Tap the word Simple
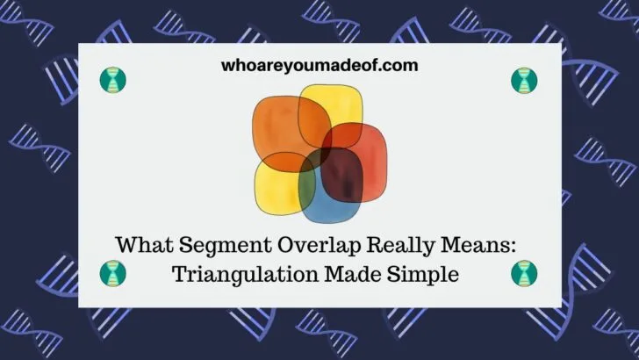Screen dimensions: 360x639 (x=426, y=273)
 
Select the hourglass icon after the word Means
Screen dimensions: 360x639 (x=524, y=273)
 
